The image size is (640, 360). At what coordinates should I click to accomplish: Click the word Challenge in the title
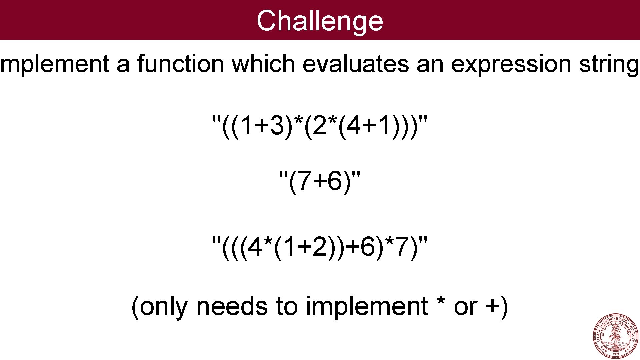320,21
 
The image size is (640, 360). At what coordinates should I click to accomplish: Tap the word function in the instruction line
180,64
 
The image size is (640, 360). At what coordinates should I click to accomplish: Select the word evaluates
355,64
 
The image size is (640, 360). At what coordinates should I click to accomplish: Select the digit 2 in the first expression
320,126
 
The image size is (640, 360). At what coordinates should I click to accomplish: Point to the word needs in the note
232,306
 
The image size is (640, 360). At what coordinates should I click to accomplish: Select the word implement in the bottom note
367,307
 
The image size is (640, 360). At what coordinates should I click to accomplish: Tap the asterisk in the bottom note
441,302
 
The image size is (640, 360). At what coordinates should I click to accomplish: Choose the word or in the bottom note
465,307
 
